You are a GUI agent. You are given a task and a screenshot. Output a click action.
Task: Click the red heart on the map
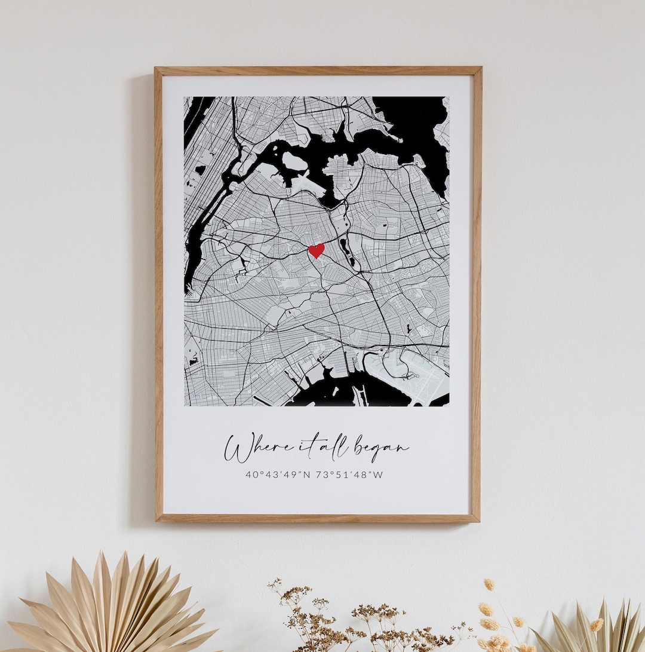click(x=317, y=250)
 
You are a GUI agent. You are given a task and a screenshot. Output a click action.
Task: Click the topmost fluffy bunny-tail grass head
click(x=489, y=583)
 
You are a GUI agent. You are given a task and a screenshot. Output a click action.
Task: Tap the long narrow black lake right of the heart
click(x=347, y=251)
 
